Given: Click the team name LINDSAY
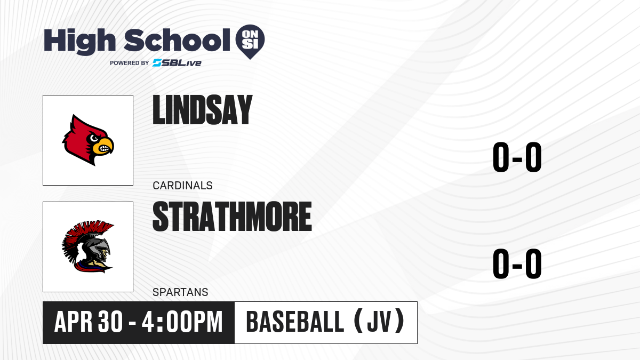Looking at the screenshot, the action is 202,110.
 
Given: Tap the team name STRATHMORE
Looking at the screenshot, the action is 232,217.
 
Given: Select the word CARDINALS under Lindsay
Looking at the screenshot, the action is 182,186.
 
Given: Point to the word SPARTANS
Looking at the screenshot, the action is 180,292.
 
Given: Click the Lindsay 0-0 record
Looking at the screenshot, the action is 517,157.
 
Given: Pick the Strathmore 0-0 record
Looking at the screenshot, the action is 517,263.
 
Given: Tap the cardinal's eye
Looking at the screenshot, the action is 94,138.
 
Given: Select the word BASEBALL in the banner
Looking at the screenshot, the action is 295,322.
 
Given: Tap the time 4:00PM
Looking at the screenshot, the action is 182,322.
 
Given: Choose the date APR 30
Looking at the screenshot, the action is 89,322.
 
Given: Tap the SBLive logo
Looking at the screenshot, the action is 177,63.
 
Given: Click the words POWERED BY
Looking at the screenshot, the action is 130,63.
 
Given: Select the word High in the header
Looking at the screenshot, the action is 79,41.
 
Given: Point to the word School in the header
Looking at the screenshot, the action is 177,41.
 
